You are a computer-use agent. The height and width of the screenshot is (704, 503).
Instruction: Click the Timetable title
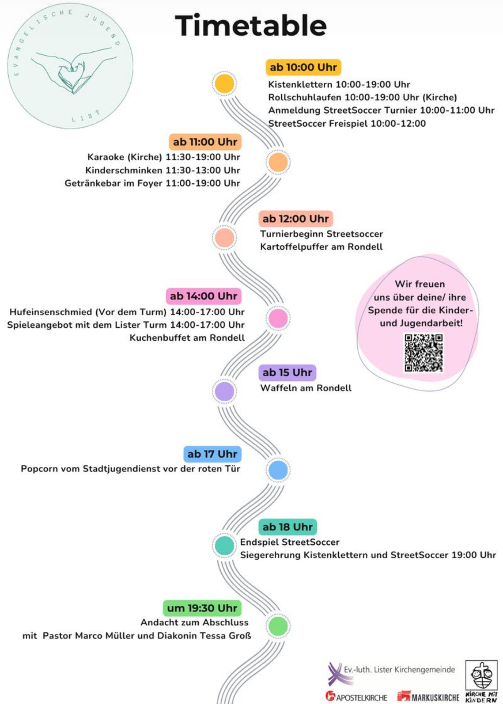click(x=250, y=25)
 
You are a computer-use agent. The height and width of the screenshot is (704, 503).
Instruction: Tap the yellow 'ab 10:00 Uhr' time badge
click(x=303, y=67)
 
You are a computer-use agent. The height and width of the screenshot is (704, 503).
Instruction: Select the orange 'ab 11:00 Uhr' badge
click(x=205, y=142)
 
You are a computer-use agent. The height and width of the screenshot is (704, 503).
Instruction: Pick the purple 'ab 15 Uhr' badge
click(x=287, y=373)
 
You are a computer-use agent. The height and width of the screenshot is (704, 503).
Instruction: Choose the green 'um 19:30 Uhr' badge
click(x=202, y=608)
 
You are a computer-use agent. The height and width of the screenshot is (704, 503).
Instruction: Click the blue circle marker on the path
click(x=278, y=470)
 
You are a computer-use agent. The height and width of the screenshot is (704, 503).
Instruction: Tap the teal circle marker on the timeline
click(x=224, y=545)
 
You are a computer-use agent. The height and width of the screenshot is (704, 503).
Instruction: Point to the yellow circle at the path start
click(x=224, y=84)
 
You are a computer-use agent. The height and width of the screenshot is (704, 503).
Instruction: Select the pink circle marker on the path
click(x=278, y=318)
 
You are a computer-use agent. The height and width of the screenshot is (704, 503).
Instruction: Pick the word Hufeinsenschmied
click(x=51, y=312)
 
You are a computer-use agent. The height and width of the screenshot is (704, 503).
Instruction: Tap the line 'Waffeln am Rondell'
click(x=306, y=388)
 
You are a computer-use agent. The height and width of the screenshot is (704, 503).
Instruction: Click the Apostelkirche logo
click(x=356, y=696)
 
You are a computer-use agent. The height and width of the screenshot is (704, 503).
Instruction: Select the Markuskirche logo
click(x=428, y=696)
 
